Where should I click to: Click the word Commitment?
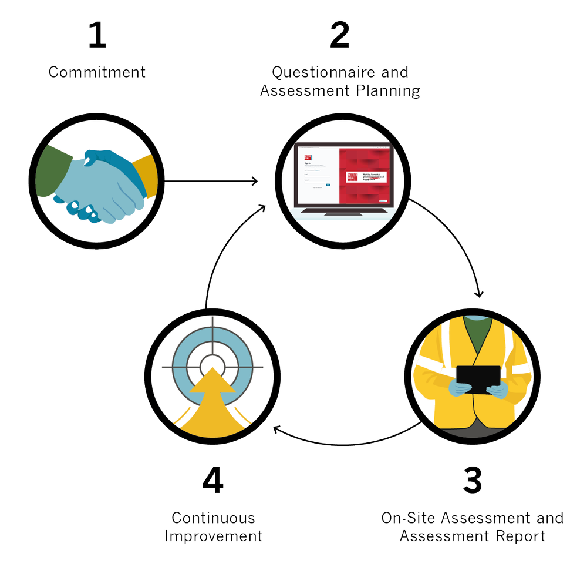pos(97,72)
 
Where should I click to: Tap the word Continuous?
pos(214,518)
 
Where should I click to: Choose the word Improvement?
pos(214,536)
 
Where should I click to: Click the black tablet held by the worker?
pos(478,380)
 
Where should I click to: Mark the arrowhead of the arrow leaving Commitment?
pos(254,181)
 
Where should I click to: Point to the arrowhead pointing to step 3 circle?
pos(479,294)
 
